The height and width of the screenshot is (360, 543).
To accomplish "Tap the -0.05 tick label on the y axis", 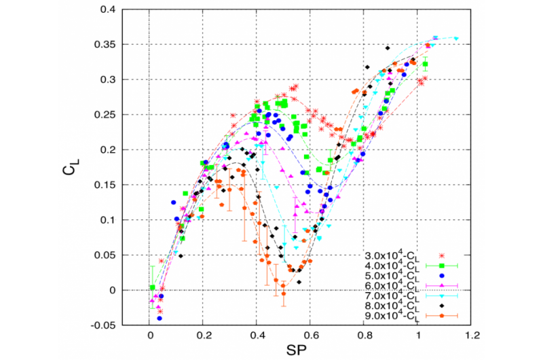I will coord(100,325).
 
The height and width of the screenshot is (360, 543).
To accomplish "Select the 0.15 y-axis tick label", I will coord(102,185).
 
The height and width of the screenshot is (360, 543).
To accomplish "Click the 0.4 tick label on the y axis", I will coord(105,10).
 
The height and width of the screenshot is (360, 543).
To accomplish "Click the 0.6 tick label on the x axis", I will coord(311,336).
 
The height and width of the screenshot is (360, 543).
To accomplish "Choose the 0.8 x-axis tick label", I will coord(364,336).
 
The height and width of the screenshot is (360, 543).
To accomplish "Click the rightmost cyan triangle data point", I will coord(456,39).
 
